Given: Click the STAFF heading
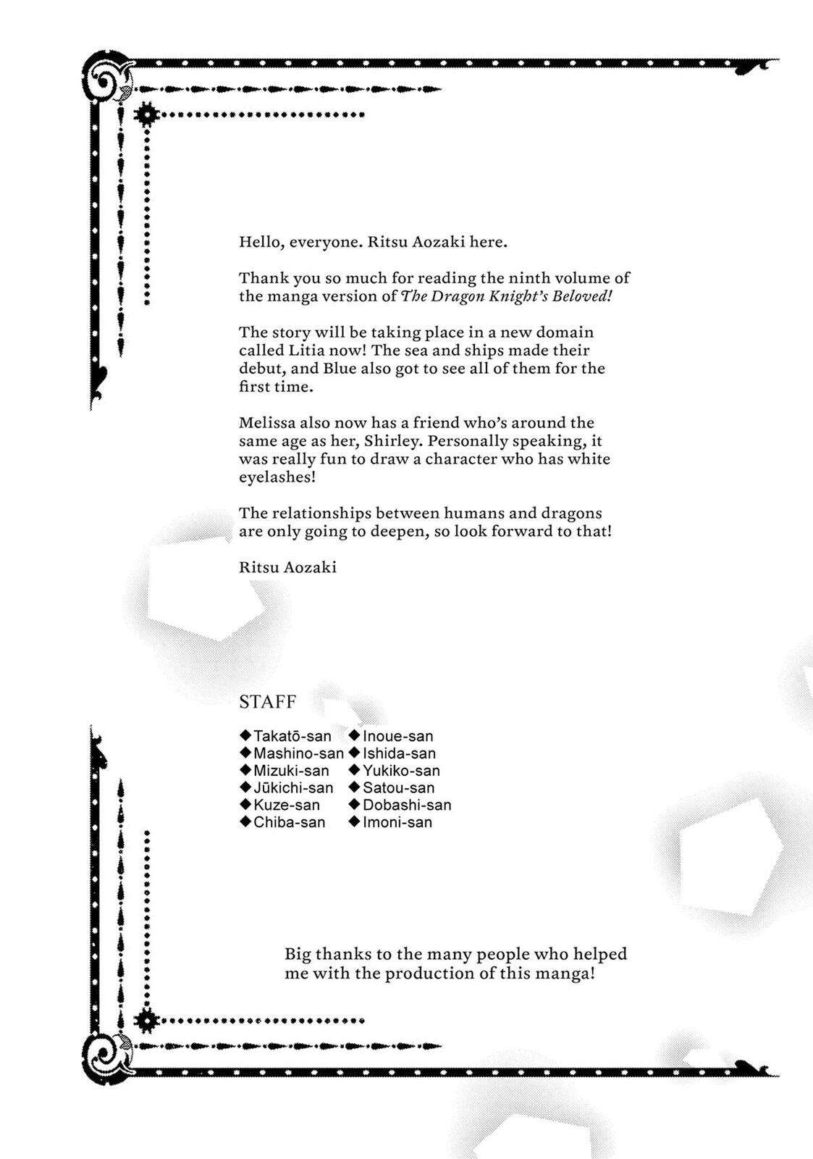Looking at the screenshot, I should pos(267,702).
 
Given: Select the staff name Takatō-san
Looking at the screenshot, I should pos(292,737).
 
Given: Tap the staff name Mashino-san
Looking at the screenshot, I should pos(298,754).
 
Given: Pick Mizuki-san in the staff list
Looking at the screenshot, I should pos(290,771).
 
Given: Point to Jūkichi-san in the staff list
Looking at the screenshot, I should pos(292,788).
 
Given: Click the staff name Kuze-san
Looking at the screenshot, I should pos(286,806).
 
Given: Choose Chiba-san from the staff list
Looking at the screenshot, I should pos(289,823).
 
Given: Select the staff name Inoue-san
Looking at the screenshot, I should pos(397,737).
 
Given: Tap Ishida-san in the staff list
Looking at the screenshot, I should pos(399,754).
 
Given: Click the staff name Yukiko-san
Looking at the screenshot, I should pos(401,771).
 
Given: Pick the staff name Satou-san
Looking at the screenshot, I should pos(398,788).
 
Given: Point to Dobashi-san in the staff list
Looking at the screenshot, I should pos(406,806).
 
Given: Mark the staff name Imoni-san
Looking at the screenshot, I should pos(397,823).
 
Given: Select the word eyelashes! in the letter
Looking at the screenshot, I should pos(277,477).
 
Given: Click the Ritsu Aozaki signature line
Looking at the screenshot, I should pos(287,567).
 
